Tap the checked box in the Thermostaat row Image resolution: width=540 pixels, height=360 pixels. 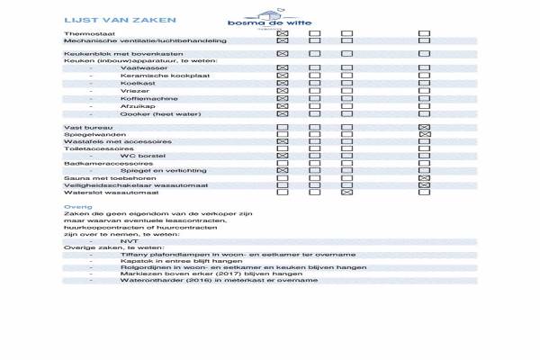click(x=282, y=32)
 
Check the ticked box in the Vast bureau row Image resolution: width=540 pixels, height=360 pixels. click(x=425, y=127)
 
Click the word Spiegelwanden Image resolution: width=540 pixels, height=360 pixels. click(x=91, y=134)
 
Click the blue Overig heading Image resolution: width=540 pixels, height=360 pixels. click(x=74, y=206)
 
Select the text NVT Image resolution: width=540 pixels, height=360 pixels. click(x=128, y=241)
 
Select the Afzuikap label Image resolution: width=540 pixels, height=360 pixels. click(x=136, y=106)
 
